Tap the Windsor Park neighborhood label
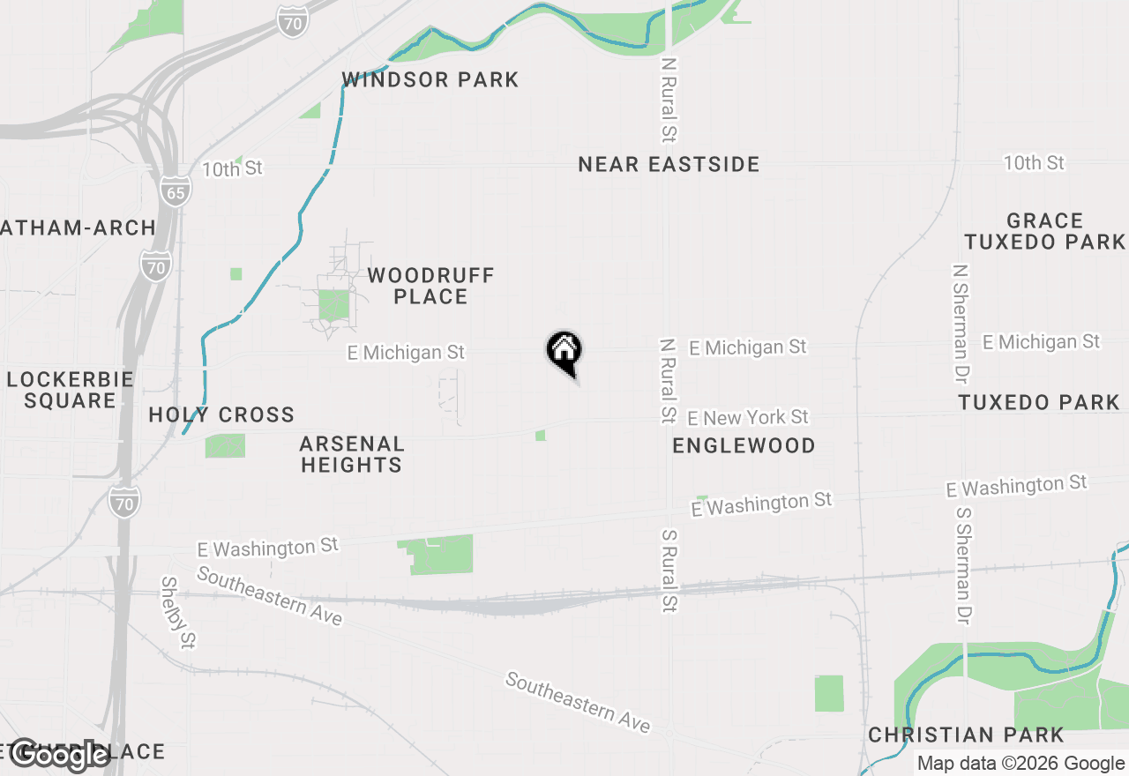coord(430,79)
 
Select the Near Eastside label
coord(669,164)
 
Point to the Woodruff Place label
coord(430,286)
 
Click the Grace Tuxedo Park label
coord(1045,231)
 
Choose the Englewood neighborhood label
coord(744,445)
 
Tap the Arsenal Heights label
coord(351,454)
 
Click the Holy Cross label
coord(221,414)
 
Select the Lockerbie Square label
coord(71,390)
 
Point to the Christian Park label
coord(966,735)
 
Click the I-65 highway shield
coord(176,191)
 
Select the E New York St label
coord(748,416)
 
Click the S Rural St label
coord(670,570)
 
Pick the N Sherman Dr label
coord(961,323)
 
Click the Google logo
coord(59,755)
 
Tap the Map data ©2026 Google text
coord(1021,764)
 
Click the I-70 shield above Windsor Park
coord(291,21)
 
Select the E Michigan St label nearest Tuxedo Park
coord(1042,341)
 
